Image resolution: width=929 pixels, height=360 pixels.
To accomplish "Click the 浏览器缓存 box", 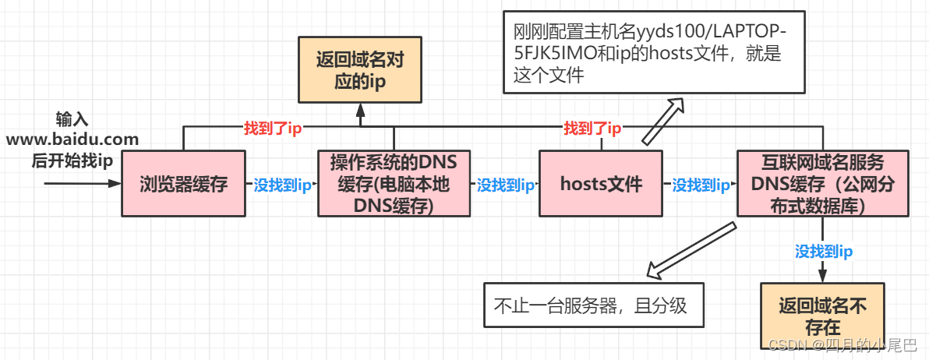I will [183, 185].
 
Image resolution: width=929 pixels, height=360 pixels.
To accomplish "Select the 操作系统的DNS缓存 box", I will [394, 185].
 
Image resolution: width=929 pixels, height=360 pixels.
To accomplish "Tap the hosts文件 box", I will [601, 185].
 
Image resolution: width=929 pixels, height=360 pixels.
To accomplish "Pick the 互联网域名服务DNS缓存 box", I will [822, 185].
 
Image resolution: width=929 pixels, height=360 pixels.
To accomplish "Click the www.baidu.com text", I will [72, 140].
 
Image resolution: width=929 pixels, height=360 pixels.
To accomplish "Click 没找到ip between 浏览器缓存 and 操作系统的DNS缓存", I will [282, 185].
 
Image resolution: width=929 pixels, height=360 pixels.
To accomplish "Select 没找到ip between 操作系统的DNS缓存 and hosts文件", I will [505, 185].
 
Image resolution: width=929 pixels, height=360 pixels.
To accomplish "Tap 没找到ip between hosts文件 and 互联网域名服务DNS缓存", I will [700, 185].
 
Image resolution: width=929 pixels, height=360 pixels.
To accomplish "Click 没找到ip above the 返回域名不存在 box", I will [823, 252].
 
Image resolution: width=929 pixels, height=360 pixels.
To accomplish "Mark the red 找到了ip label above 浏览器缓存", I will [272, 129].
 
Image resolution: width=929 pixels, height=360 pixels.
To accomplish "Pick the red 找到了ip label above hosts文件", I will [592, 128].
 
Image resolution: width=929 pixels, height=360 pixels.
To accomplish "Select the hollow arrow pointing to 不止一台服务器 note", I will [691, 249].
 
